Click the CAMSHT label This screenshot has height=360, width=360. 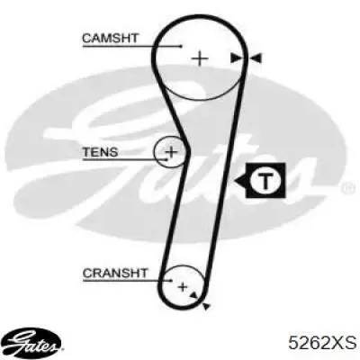110,38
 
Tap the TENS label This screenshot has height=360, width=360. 101,152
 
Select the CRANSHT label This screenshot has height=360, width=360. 115,273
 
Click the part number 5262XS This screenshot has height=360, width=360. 322,342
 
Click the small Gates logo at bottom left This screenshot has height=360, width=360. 33,342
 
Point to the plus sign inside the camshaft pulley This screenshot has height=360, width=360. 200,58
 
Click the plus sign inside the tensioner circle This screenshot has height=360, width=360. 171,151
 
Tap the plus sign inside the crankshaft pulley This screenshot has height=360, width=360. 183,287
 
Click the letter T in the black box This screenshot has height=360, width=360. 265,181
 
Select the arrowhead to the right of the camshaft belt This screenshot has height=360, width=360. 256,58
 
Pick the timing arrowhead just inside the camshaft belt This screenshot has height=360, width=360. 236,58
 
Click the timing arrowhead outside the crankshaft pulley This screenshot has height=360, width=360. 206,306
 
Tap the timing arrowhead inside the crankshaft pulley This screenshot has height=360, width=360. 194,295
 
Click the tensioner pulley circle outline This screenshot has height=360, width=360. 154,151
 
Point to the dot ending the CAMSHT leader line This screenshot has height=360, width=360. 181,46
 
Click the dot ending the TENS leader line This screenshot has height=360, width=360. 166,159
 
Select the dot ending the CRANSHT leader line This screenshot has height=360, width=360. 171,281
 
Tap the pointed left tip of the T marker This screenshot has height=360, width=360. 235,181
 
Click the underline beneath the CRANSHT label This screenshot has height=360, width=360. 127,281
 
